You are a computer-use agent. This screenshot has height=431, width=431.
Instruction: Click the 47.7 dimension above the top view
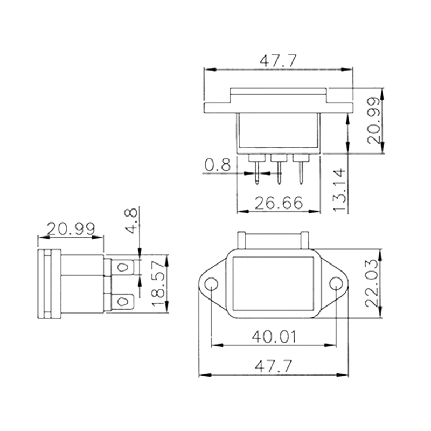click(x=278, y=61)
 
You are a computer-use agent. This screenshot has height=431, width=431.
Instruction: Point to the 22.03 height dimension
click(x=373, y=283)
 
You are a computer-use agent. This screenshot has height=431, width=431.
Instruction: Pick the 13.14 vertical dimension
click(x=339, y=188)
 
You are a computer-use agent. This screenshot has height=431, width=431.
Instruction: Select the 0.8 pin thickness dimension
click(x=217, y=165)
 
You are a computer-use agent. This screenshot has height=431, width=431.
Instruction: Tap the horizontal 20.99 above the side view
click(x=71, y=228)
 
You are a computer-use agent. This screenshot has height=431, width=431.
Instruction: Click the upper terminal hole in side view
click(x=123, y=267)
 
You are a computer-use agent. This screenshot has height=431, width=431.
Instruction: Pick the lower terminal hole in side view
click(x=123, y=301)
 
